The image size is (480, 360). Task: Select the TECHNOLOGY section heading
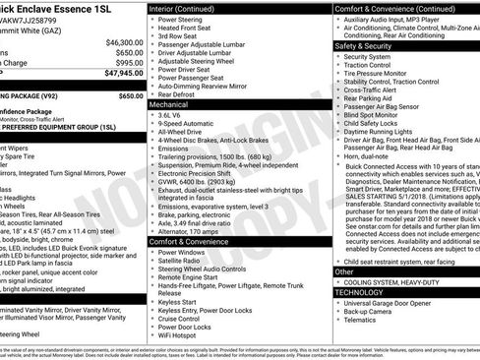357,291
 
